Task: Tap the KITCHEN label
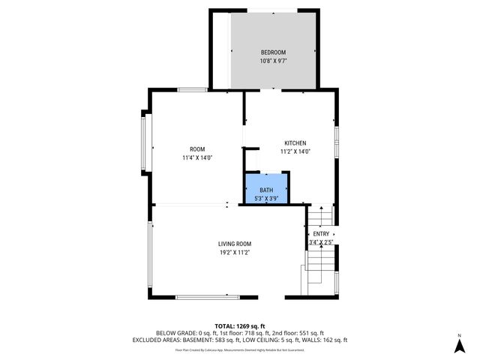[295, 143]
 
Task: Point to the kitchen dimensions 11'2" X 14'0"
[295, 151]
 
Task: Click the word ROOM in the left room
[197, 149]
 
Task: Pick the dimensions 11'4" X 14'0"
[197, 158]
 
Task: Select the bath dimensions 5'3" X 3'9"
[266, 199]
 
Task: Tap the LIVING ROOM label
[234, 244]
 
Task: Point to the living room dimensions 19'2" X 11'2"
[234, 253]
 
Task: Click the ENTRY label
[321, 234]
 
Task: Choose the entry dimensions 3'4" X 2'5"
[321, 242]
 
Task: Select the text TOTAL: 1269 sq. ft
[240, 325]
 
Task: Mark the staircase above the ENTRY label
[320, 217]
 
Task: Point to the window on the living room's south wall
[206, 298]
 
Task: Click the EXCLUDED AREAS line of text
[240, 340]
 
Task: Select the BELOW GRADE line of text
[240, 332]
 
